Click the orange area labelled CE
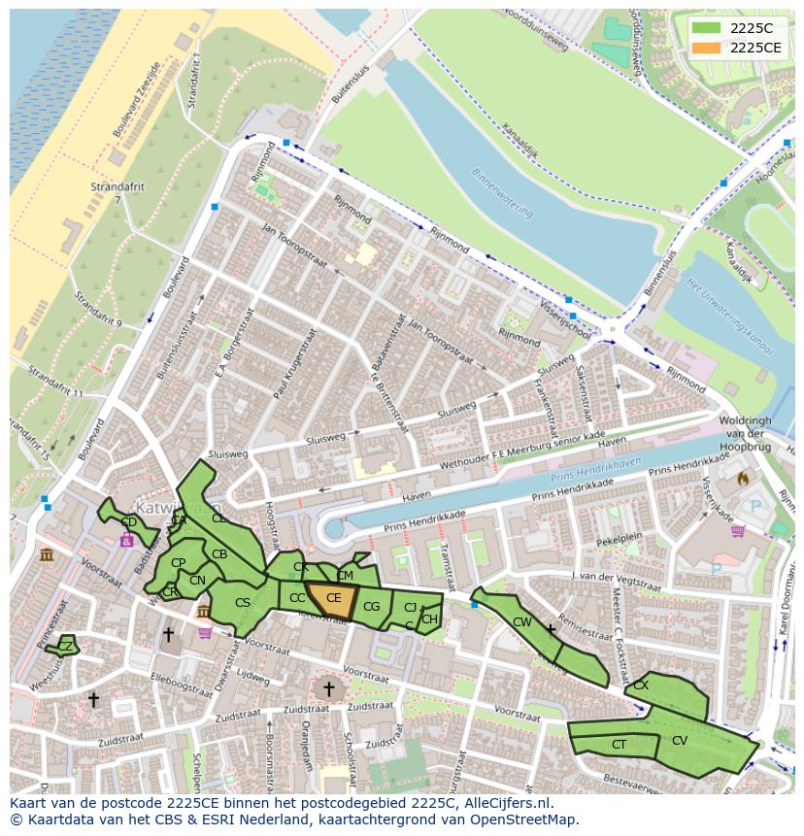tap(333, 598)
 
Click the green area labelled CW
tap(522, 622)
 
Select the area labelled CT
tap(619, 745)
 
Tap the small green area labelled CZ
tap(65, 646)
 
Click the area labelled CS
tap(243, 603)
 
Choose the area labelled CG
tap(371, 607)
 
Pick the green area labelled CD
tap(128, 522)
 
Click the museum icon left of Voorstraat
tap(47, 555)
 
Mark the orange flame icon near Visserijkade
tap(743, 478)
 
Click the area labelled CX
tap(641, 685)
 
